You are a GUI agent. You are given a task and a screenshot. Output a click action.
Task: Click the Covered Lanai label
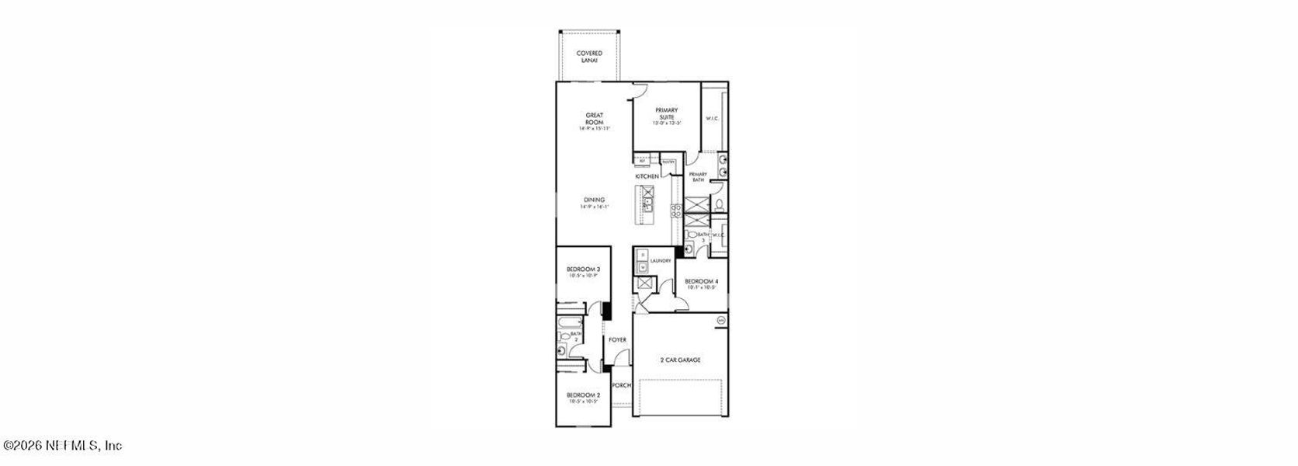pos(589,56)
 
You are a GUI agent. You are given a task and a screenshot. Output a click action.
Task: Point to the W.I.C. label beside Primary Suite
pos(712,119)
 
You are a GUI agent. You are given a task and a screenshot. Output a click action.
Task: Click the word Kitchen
pos(647,177)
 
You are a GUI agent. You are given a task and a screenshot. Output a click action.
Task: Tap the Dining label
pos(595,203)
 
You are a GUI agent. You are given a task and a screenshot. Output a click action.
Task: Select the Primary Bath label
pos(697,177)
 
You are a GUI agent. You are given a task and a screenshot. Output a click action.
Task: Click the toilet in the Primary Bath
pos(720,205)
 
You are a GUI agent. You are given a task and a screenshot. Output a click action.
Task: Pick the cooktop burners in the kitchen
pos(675,210)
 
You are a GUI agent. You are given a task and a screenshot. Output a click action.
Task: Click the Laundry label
pos(661,261)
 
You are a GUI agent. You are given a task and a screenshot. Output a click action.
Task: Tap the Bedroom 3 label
pos(583,272)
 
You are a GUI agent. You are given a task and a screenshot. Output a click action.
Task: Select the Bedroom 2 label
pos(582,397)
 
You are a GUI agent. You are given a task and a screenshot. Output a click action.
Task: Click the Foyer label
pos(617,340)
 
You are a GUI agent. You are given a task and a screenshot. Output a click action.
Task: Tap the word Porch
pos(621,385)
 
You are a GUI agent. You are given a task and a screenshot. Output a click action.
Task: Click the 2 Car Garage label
pos(680,360)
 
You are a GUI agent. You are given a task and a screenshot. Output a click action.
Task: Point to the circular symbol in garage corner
pos(720,320)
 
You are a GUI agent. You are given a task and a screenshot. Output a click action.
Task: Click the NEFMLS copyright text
pos(62,446)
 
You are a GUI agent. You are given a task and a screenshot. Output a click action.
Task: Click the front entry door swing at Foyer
pos(620,358)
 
